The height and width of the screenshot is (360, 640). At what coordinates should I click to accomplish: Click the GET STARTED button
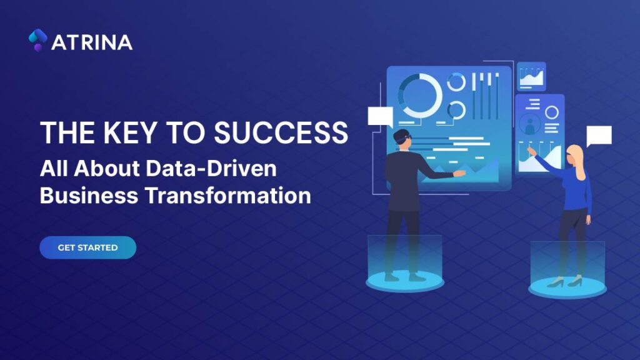click(x=87, y=247)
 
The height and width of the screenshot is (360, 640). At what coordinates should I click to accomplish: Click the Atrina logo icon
click(x=37, y=40)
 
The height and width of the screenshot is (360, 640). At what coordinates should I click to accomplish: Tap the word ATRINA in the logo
click(x=92, y=42)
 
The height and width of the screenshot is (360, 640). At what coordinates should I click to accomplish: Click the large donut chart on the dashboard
click(x=420, y=95)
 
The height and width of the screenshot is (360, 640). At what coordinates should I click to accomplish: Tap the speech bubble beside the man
click(x=380, y=116)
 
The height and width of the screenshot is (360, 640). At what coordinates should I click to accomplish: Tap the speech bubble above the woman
click(x=598, y=136)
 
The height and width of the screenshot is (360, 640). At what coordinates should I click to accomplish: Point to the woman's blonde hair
click(x=578, y=160)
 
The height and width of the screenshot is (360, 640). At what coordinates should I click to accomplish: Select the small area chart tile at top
click(x=531, y=76)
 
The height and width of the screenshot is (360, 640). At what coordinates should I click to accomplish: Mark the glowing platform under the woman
click(x=567, y=287)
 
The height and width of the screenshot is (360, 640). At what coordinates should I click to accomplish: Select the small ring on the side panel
click(x=552, y=112)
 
